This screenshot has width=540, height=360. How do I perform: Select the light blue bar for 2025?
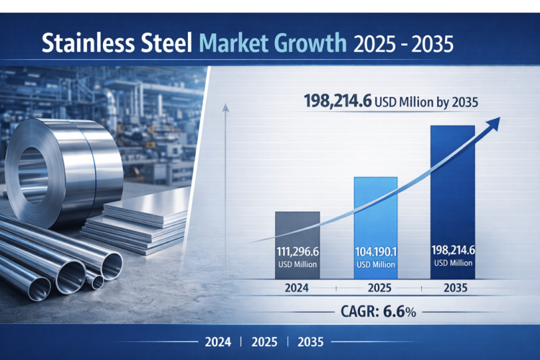(375, 209)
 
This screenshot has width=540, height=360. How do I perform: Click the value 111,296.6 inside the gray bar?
(297, 252)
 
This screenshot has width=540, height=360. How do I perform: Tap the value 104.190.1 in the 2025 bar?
(375, 252)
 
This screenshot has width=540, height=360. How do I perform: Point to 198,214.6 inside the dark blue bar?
(453, 251)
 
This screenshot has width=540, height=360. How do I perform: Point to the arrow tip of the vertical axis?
(226, 107)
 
